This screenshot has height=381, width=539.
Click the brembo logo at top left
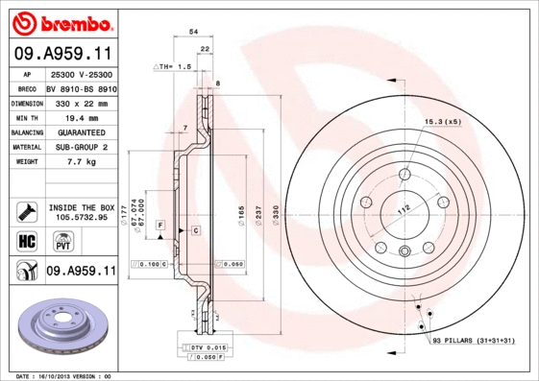pyautogui.click(x=61, y=20)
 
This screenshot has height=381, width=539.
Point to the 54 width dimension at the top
pyautogui.click(x=193, y=33)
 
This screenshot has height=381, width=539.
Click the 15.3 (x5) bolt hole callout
pyautogui.click(x=443, y=122)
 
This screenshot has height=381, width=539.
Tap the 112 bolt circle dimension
pyautogui.click(x=404, y=210)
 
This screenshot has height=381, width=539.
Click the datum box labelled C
pyautogui.click(x=195, y=231)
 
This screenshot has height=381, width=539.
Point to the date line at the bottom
pyautogui.click(x=65, y=376)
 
